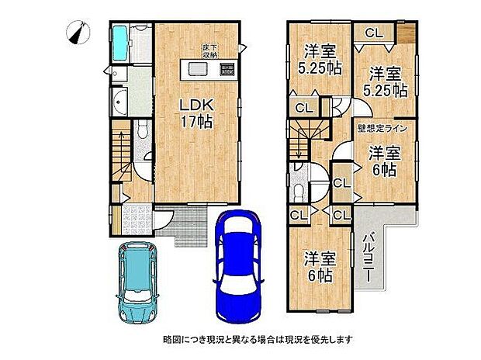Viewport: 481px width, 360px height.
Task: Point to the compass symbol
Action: tap(78, 33)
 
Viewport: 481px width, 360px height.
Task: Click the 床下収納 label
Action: tap(210, 51)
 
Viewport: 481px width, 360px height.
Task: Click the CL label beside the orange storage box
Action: tap(374, 33)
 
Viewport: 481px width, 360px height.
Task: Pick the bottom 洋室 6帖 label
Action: tap(319, 266)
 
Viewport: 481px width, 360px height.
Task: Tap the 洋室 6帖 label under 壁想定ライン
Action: tap(385, 159)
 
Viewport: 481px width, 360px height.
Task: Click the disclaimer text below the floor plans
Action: tap(258, 339)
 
